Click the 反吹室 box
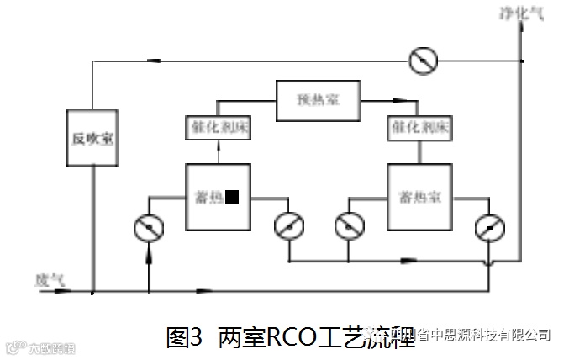click(x=92, y=139)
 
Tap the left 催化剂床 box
click(x=218, y=128)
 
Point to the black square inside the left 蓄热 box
click(x=232, y=197)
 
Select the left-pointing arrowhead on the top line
click(x=157, y=61)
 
